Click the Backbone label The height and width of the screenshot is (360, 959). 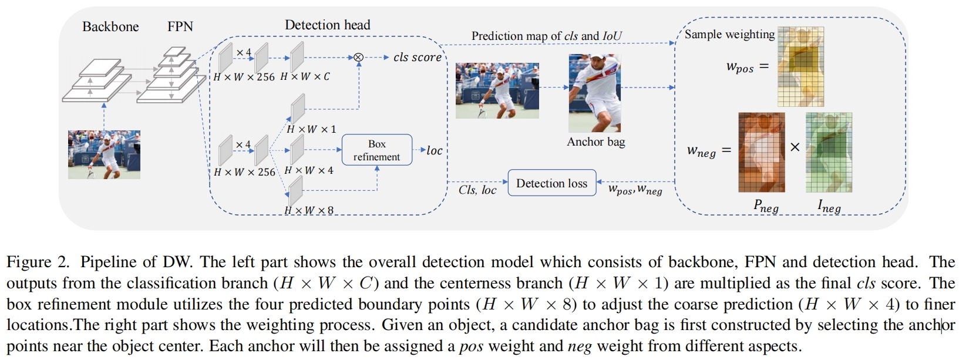[110, 26]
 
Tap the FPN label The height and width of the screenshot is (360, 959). [180, 26]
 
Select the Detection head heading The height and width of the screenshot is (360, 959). [327, 25]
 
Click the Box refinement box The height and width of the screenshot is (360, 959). [376, 150]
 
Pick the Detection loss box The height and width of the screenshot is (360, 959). [551, 183]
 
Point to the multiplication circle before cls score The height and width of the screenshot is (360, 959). [358, 58]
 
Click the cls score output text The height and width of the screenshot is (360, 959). [417, 58]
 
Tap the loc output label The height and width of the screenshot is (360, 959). [434, 150]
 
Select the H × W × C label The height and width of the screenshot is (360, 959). [305, 77]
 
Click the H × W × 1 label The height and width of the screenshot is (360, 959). [311, 129]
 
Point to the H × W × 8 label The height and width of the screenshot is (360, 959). [309, 210]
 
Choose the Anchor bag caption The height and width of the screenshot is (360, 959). [595, 142]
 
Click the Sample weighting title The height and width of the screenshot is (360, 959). [729, 35]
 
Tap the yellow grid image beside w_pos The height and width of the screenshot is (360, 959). [800, 66]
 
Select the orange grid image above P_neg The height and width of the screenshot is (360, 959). [761, 152]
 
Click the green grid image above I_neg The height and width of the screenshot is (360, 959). [829, 152]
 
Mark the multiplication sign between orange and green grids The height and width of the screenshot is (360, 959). [795, 147]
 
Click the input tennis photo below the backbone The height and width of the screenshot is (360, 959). [104, 154]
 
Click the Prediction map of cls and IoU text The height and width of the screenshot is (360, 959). [546, 36]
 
